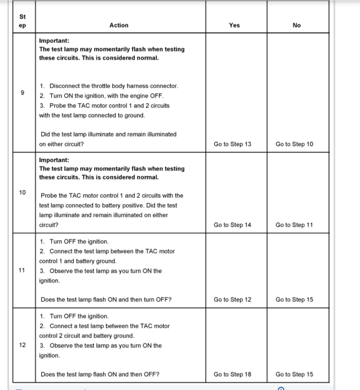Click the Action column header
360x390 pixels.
click(x=119, y=25)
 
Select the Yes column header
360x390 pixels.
click(x=234, y=25)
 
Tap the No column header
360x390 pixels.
click(x=296, y=25)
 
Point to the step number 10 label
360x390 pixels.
click(x=23, y=192)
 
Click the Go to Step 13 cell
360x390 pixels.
click(x=232, y=144)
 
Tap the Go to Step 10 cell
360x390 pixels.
click(x=294, y=144)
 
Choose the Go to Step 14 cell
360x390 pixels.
click(x=232, y=225)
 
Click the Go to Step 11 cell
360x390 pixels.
click(x=294, y=225)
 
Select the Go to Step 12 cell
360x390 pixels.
click(x=232, y=299)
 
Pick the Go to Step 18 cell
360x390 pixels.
click(x=232, y=374)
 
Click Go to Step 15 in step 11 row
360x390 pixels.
click(x=294, y=299)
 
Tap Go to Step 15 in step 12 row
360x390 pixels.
click(x=294, y=374)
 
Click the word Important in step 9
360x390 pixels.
click(x=54, y=40)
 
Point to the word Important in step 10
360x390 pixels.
click(x=54, y=159)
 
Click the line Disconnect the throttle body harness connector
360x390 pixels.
click(x=113, y=86)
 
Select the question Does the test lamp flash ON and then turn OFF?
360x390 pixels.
click(x=106, y=299)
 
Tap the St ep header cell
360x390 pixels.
click(x=23, y=21)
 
